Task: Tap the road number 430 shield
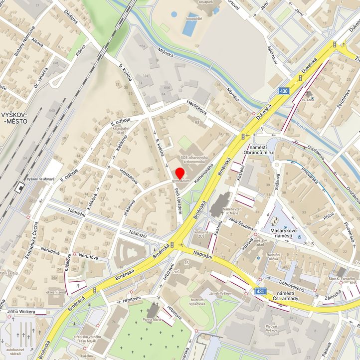[x=284, y=91]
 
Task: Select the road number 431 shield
[x=260, y=291]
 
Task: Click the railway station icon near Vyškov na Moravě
[x=20, y=187]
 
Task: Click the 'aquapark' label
[x=208, y=2]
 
